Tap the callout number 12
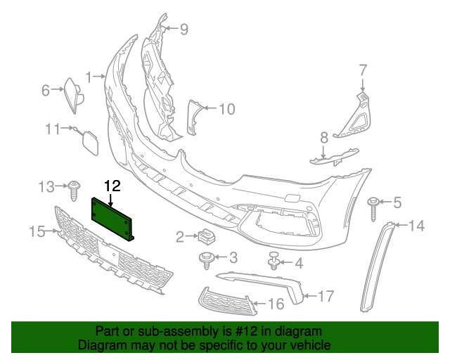112,186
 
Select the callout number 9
184,29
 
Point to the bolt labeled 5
373,206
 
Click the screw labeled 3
207,259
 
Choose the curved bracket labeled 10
193,117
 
